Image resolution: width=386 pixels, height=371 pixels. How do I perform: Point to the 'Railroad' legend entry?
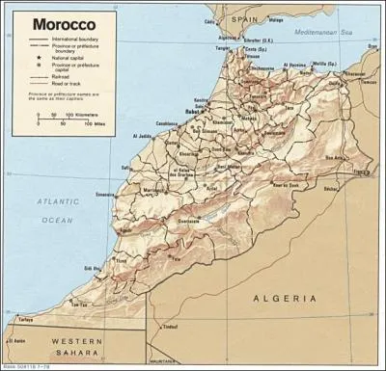67,81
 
